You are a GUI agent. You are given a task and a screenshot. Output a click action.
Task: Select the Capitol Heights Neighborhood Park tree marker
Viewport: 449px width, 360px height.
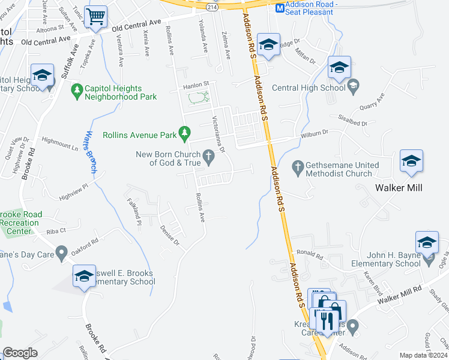point(76,91)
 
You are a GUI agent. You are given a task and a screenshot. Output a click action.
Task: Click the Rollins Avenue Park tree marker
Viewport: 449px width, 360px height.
point(185,131)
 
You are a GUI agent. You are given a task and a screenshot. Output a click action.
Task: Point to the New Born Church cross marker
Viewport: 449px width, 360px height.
point(209,158)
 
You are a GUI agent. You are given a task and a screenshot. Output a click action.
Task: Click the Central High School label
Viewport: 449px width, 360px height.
point(309,88)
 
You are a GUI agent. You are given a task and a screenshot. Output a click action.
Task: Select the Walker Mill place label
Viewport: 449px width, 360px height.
point(399,188)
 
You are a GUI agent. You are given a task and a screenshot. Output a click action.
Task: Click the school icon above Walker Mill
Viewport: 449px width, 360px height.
point(412,160)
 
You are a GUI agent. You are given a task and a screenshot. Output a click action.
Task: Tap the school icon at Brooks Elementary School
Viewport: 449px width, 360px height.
point(84,276)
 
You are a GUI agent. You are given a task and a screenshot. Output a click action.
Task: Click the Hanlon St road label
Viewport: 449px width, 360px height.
point(195,84)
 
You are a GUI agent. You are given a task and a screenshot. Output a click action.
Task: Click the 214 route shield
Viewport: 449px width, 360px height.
point(211,6)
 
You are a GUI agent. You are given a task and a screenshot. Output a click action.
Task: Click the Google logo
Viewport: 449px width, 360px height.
point(20,353)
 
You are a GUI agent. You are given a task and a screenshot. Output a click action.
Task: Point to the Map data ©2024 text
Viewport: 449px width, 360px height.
point(424,355)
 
